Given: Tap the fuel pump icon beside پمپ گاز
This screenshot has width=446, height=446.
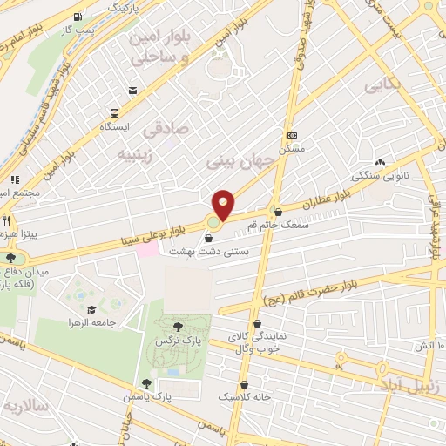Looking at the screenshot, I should [x=79, y=17].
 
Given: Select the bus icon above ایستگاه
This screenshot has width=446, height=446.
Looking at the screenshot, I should [x=114, y=113].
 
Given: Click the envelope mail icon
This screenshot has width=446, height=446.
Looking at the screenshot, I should [x=132, y=90].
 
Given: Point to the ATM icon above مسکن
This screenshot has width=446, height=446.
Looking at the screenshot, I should [x=292, y=135].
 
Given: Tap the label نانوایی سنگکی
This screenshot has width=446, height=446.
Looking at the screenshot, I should [x=380, y=175].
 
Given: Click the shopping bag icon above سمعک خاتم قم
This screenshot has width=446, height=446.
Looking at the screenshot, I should [x=278, y=212].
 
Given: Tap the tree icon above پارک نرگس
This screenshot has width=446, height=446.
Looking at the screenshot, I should [x=178, y=326].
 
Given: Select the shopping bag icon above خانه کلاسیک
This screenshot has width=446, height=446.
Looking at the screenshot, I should [x=244, y=383].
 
